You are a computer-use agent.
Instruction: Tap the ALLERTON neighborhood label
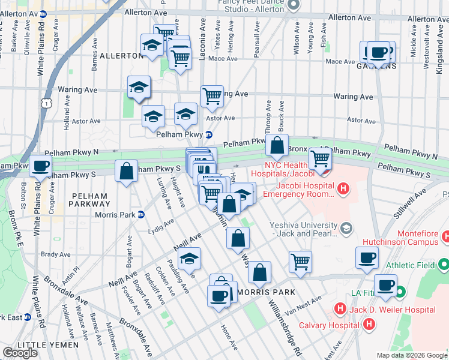121,55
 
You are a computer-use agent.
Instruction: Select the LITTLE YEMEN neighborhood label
48,345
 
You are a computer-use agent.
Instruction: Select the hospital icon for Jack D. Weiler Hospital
340,310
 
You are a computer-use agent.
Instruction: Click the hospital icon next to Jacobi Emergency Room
343,190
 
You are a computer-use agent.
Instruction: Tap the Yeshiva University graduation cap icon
346,228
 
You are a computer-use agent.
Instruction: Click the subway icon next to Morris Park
140,214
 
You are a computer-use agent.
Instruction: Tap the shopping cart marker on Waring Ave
212,95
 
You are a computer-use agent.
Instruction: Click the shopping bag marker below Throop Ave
277,145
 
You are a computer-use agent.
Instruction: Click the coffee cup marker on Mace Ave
378,52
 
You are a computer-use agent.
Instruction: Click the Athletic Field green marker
443,263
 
